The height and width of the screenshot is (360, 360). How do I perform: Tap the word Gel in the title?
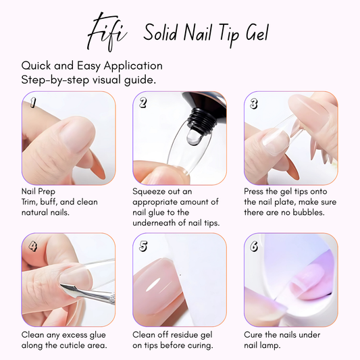pos(253,33)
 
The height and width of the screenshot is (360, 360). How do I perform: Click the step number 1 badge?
pos(32,102)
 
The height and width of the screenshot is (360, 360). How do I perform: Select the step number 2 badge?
pos(143,103)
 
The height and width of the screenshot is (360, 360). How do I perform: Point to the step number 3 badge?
pos(254,103)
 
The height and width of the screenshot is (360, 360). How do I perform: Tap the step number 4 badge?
pos(32,246)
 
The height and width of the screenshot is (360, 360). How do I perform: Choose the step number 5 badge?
pos(143,246)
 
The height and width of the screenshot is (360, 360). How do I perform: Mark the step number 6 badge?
pos(254,246)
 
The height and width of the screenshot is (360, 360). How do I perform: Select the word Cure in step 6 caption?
pos(255,335)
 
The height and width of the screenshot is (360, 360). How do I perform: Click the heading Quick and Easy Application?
pos(92,66)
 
